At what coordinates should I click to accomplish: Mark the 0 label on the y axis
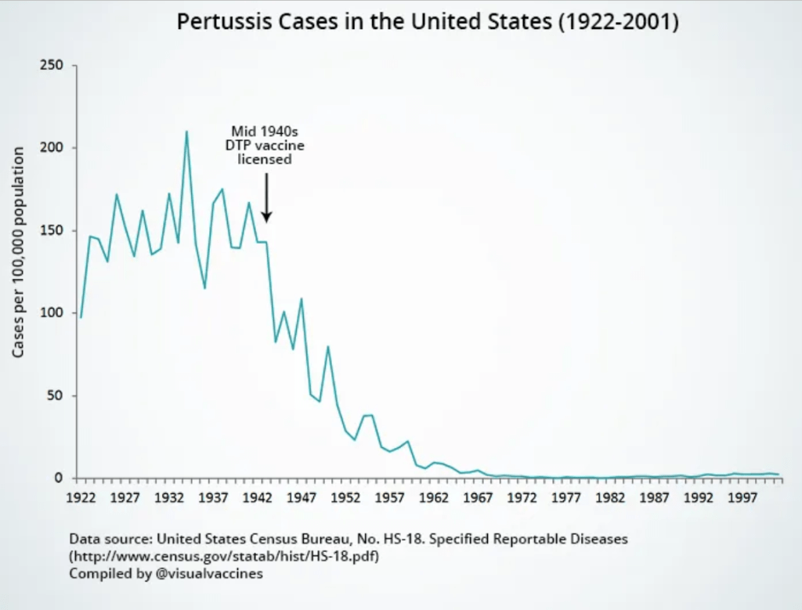[x=60, y=478]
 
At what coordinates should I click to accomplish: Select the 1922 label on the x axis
[x=81, y=497]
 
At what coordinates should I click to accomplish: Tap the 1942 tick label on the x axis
[x=257, y=497]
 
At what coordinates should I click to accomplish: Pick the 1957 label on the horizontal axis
[x=388, y=497]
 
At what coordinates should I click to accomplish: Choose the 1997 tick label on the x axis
[x=740, y=497]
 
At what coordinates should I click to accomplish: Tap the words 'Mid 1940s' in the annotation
[x=265, y=132]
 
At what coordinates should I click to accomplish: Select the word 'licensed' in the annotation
[x=265, y=159]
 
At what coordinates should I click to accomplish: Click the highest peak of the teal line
[x=186, y=132]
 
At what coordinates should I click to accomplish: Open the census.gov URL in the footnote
[x=229, y=557]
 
